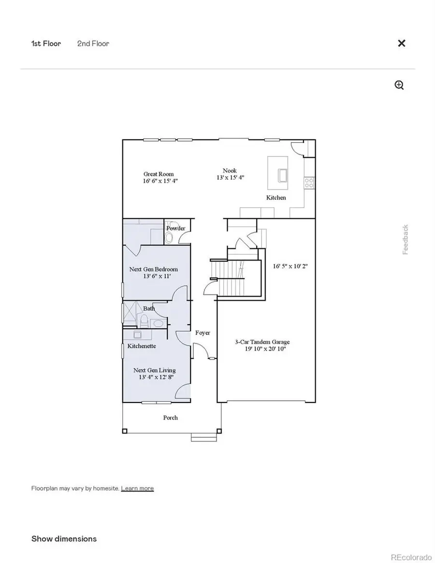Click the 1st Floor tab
point(46,43)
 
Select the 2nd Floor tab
point(93,43)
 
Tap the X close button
point(401,43)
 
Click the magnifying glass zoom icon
point(399,86)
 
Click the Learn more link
point(137,488)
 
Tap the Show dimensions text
point(64,538)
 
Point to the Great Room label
point(158,174)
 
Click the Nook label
point(230,171)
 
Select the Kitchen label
point(276,198)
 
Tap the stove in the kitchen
point(308,182)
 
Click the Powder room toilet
point(169,237)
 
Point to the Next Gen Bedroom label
point(153,269)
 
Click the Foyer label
point(203,332)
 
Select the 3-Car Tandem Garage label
point(262,342)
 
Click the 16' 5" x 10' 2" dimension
point(290,266)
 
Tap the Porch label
point(170,418)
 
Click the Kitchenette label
point(141,346)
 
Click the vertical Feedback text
point(405,240)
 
